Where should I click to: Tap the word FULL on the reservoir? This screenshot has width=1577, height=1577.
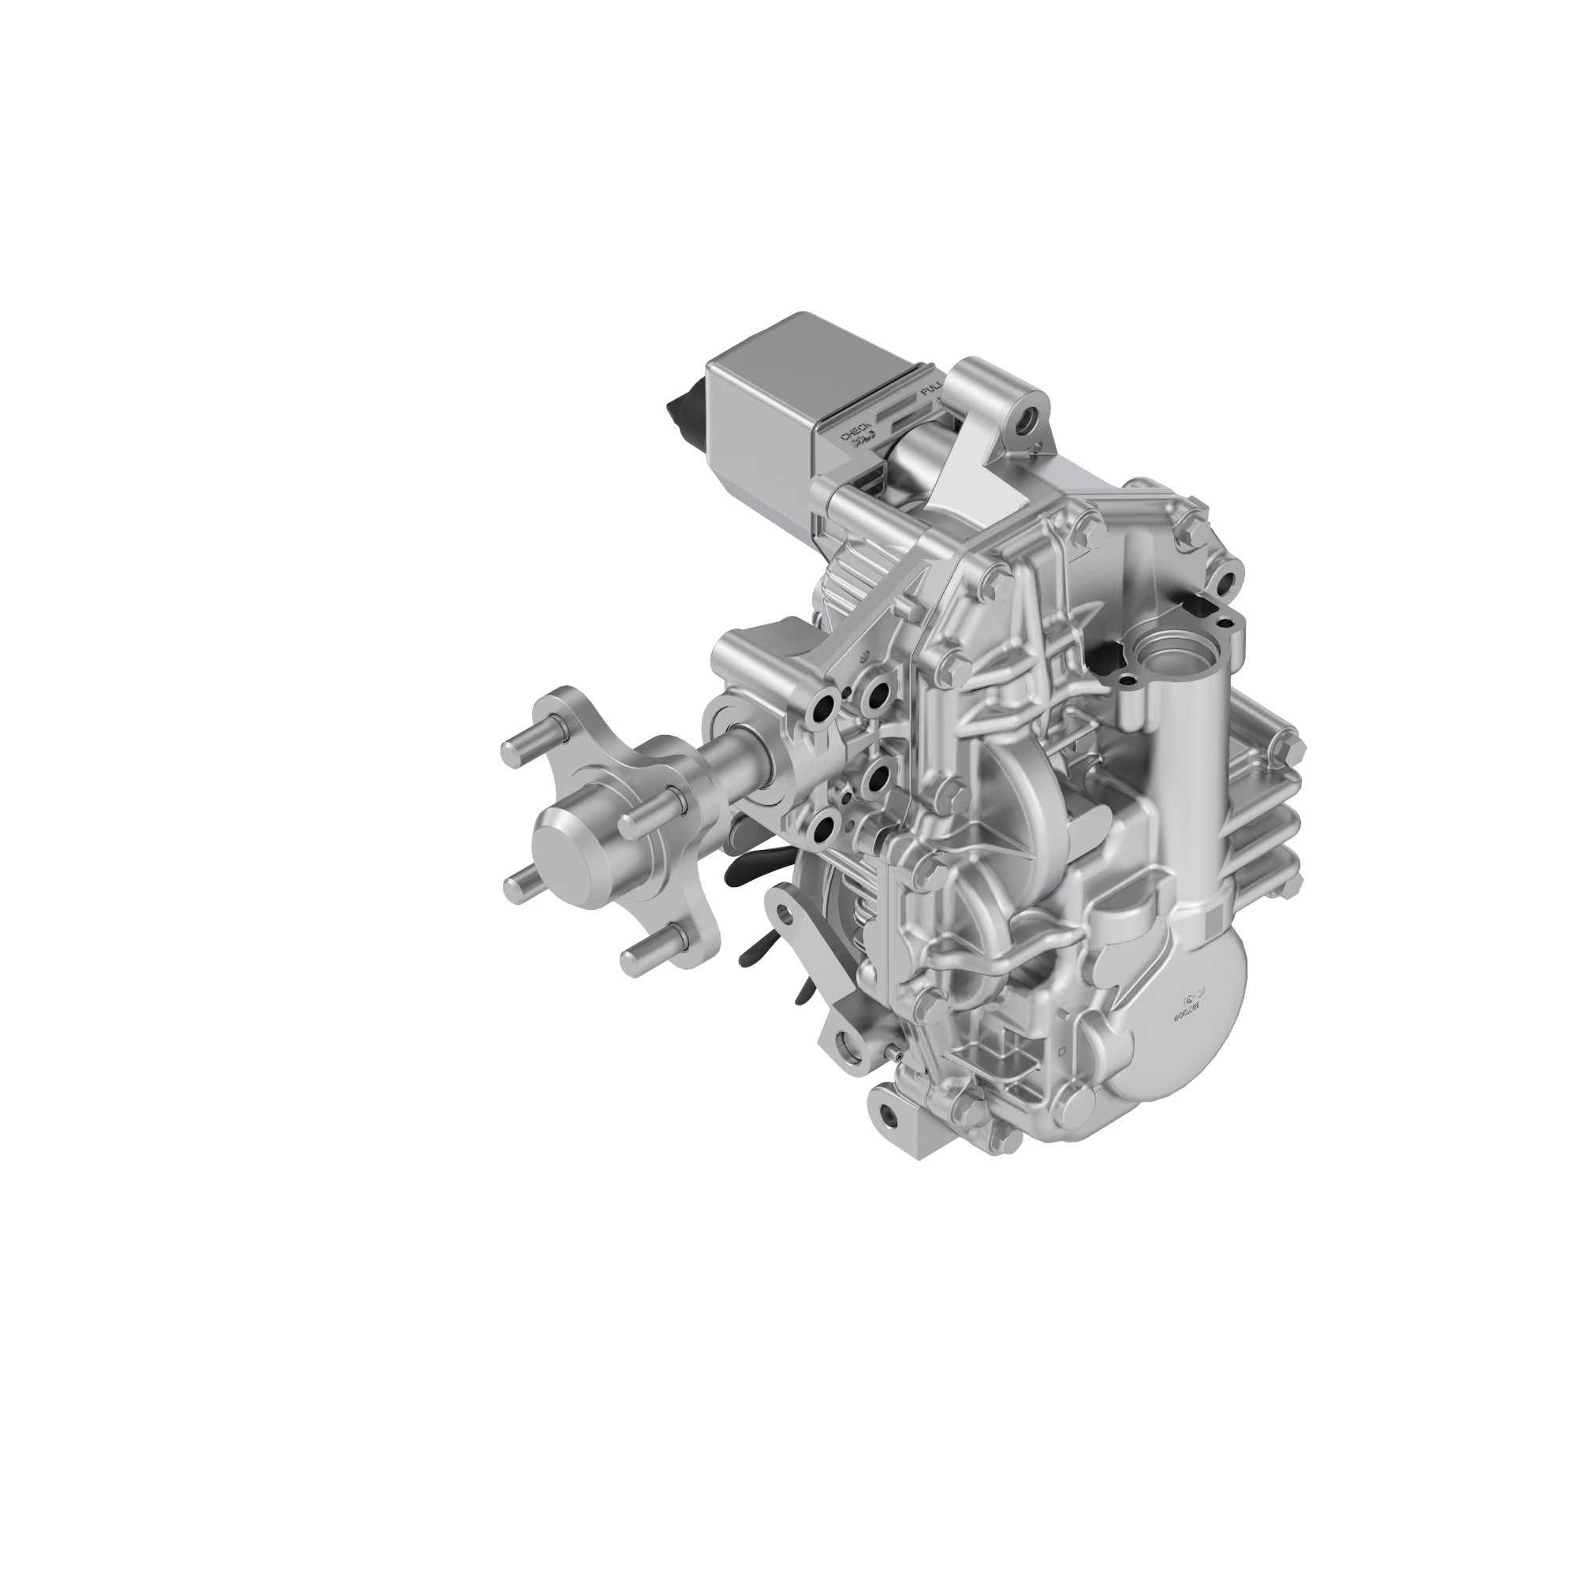click(x=930, y=400)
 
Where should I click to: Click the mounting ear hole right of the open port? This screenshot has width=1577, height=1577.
click(x=1225, y=581)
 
